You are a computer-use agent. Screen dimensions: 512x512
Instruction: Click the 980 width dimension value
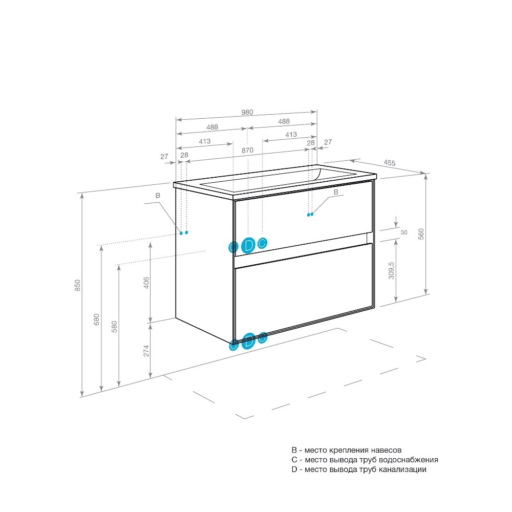[247, 112]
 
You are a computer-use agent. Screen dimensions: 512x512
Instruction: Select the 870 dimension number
[247, 150]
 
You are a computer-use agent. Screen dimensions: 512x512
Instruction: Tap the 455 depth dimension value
[389, 163]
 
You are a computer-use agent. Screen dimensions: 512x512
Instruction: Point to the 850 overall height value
[77, 285]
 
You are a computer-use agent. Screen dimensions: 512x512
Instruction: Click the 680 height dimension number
[96, 319]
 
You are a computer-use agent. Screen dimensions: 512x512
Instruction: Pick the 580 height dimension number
[114, 327]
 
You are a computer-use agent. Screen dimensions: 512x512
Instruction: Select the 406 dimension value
[146, 283]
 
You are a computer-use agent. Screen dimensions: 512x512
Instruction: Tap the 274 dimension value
[146, 351]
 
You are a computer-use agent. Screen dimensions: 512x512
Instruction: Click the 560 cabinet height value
[421, 234]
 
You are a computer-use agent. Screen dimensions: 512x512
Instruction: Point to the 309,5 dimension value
[391, 270]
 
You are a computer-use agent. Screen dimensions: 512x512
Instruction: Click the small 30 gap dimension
[404, 232]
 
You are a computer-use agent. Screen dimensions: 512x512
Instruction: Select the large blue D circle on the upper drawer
[248, 245]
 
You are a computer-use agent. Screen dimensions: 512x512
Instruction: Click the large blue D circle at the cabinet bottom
[249, 341]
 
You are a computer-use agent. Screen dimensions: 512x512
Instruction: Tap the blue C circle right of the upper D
[262, 243]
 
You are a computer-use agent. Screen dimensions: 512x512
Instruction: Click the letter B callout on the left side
[158, 196]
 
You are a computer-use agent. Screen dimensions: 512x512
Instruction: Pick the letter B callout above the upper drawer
[336, 193]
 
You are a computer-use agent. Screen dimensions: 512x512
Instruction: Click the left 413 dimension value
[205, 141]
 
